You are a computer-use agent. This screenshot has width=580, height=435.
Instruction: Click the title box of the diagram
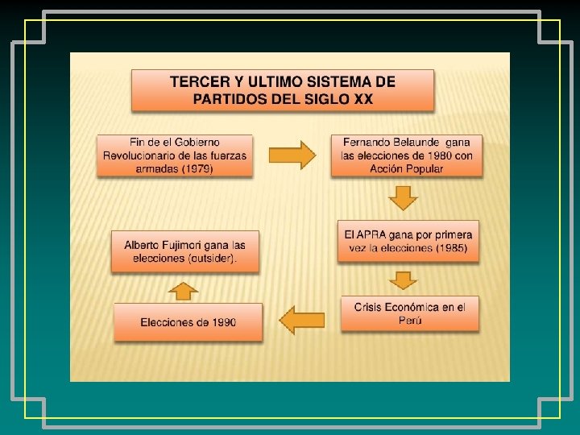point(283,89)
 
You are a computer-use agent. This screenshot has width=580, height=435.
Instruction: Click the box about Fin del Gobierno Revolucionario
point(175,155)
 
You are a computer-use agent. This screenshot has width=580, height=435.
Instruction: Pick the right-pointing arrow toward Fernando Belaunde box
point(291,155)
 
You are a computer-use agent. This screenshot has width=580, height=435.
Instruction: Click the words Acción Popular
point(407,168)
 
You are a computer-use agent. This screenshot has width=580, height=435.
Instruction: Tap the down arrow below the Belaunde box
point(404,197)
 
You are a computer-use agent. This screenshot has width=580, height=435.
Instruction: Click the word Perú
point(410,320)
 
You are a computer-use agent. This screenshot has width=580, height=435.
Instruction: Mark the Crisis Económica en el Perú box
point(409,313)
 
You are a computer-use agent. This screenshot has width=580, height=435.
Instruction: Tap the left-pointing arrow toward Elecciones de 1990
point(301,321)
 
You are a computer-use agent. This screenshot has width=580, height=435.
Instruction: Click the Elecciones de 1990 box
point(188,322)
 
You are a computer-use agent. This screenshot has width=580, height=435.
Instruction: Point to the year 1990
point(221,322)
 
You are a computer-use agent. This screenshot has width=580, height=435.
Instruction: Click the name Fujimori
point(188,245)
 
